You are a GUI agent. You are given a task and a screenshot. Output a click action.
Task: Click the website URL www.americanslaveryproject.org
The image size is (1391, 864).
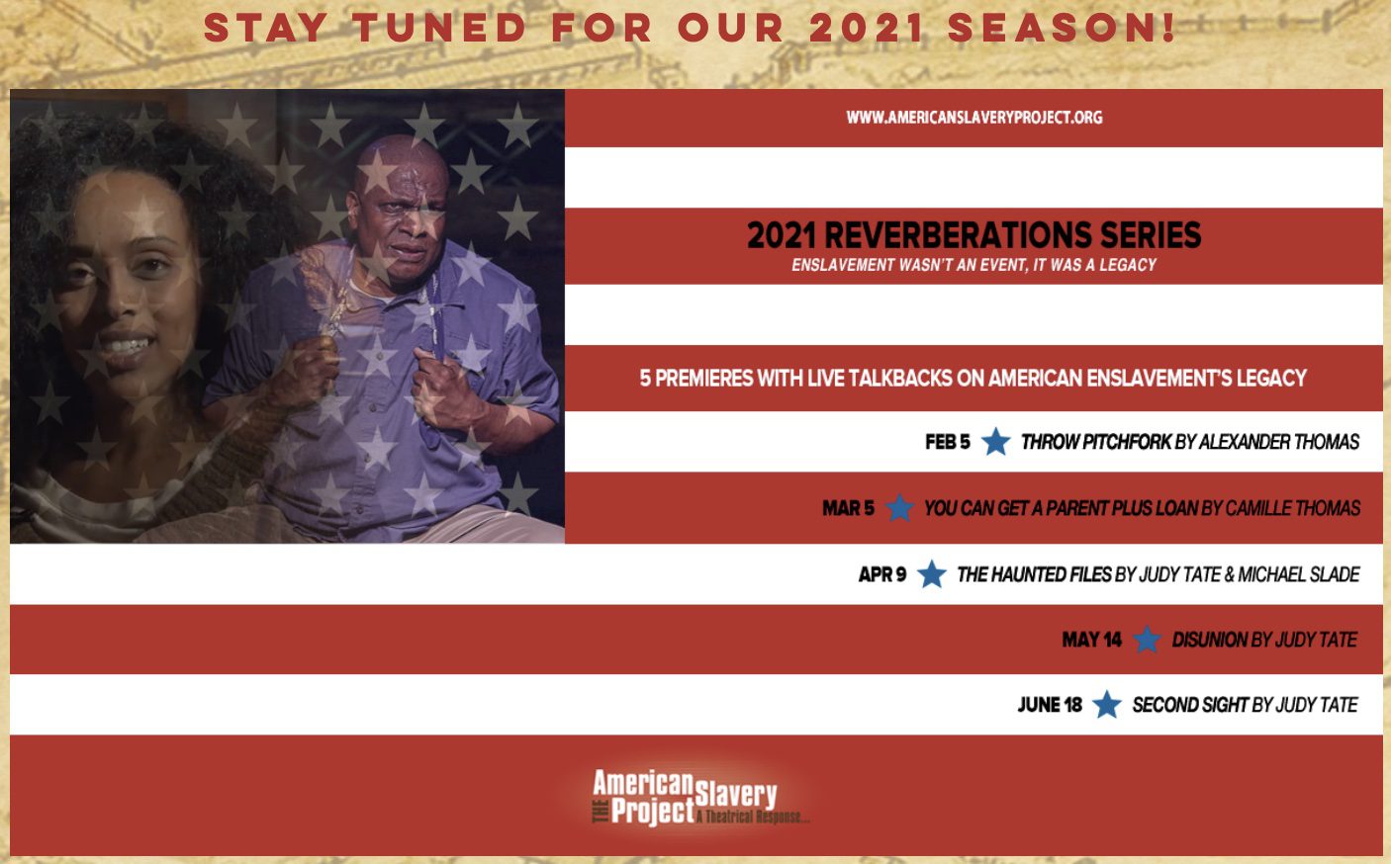point(974,118)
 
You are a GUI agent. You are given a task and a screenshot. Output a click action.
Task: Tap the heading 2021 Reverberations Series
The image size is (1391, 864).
point(974,234)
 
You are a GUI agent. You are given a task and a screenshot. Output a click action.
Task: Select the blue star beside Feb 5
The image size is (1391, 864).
point(995,441)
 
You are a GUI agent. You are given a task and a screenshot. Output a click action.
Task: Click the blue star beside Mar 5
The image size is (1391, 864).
point(899,508)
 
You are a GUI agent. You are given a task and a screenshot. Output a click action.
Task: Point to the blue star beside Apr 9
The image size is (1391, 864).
point(932,573)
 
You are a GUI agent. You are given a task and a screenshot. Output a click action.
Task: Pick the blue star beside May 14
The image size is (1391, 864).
point(1147,639)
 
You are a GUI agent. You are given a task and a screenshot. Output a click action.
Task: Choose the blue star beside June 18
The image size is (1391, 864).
point(1107,705)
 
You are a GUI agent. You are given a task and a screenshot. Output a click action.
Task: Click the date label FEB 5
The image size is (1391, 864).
point(948,442)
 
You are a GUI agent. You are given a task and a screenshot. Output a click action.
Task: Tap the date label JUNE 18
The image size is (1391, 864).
point(1050,705)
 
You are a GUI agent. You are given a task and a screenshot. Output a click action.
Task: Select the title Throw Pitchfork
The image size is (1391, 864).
point(1096,442)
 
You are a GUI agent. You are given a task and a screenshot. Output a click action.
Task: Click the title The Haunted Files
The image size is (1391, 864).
point(1034,574)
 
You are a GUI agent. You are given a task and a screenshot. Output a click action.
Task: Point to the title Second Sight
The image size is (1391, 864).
point(1190,705)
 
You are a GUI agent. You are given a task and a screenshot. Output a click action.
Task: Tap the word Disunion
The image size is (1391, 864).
point(1210,640)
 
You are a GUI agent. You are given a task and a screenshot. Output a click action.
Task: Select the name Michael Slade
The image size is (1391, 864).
point(1299,574)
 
